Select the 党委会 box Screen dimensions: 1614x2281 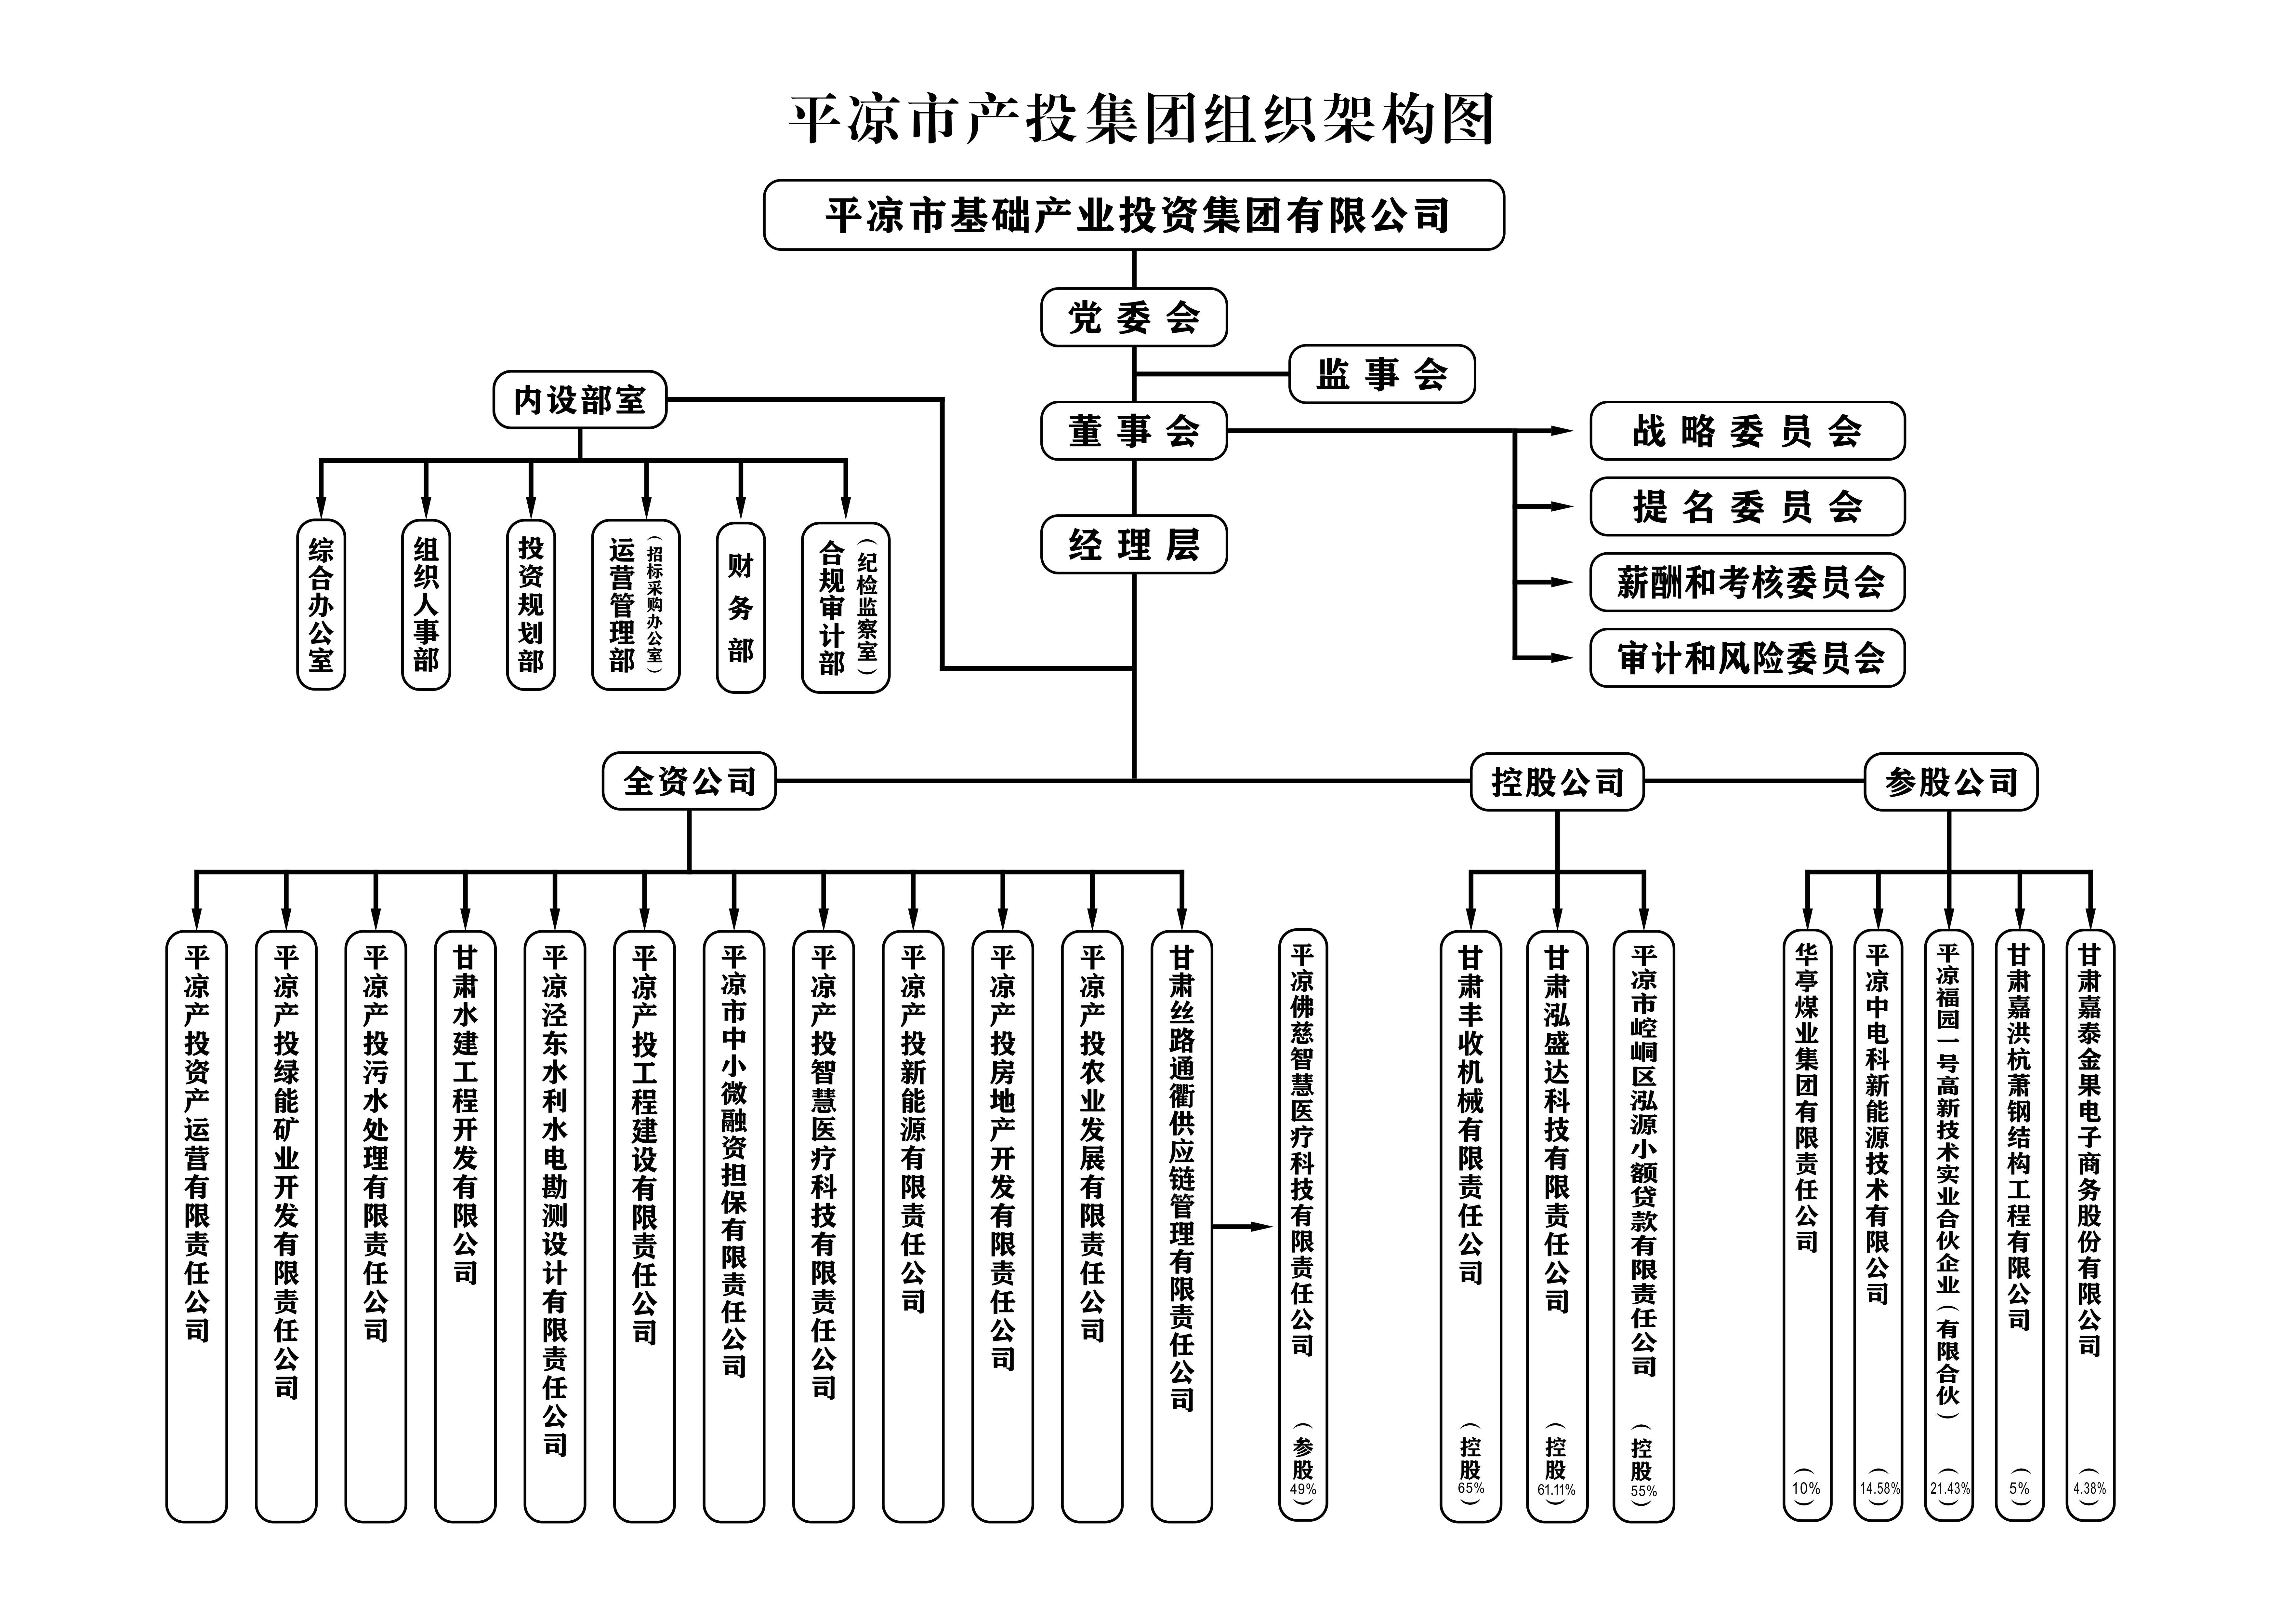click(1134, 318)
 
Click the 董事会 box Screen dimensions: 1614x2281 click(1134, 431)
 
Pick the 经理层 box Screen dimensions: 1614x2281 click(1134, 545)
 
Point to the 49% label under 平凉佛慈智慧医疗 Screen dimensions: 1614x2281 click(1302, 1489)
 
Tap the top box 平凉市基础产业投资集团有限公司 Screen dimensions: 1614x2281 click(1134, 215)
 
